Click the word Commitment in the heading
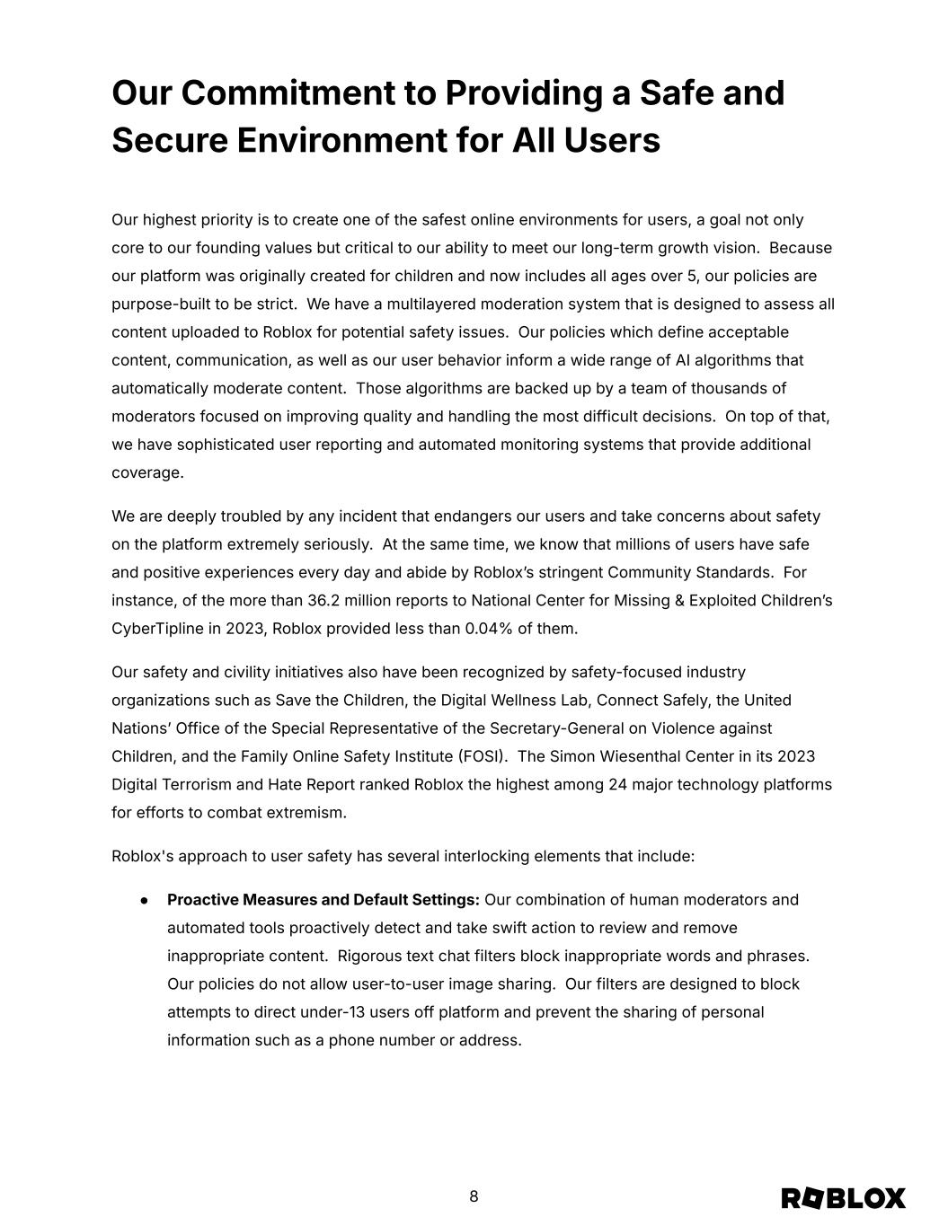click(x=290, y=93)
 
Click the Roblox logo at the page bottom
click(x=843, y=1198)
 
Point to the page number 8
click(x=474, y=1196)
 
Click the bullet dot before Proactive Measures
click(x=144, y=900)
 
